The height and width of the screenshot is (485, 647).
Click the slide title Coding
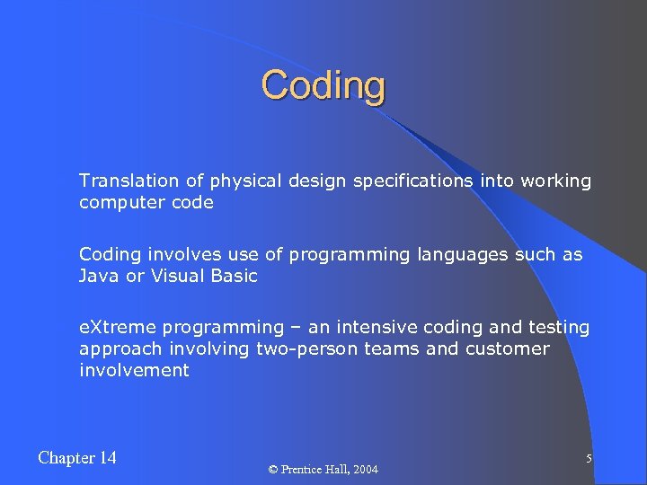pos(323,86)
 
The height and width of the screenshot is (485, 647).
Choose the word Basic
pos(233,276)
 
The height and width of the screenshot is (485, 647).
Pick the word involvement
pos(134,370)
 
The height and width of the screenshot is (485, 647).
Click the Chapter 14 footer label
pos(77,458)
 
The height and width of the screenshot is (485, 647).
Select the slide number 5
pos(589,459)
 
